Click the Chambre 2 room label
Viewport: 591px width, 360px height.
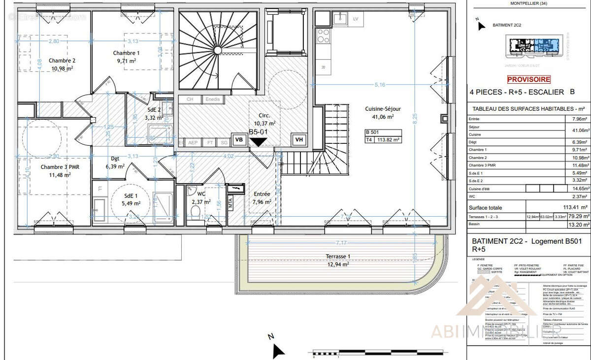62,61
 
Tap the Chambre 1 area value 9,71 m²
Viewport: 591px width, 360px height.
126,61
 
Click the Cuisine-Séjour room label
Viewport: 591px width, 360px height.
383,109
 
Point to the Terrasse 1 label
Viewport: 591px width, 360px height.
338,257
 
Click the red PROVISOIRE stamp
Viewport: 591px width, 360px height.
529,79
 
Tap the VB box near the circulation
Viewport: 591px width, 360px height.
239,140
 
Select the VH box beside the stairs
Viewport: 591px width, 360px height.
298,140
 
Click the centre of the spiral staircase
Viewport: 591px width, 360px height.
217,50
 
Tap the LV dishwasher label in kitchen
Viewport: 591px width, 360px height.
356,19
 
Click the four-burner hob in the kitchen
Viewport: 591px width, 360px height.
323,36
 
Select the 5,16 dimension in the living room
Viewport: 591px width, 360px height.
379,85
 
